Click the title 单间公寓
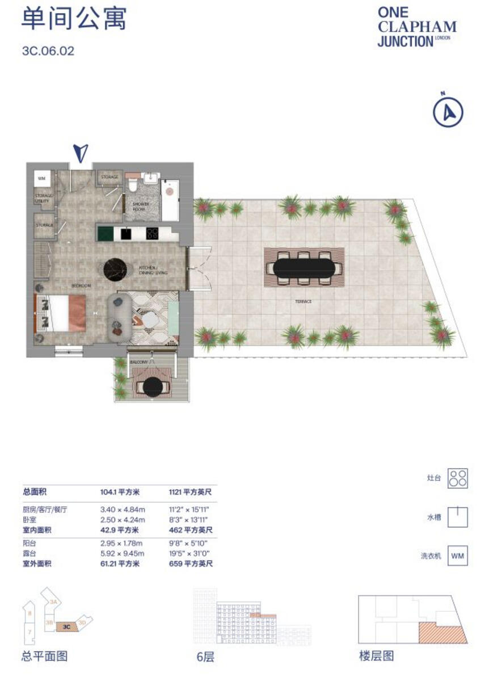coord(74,18)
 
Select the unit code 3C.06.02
coord(48,51)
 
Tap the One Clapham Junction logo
coord(417,27)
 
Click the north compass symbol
coord(448,112)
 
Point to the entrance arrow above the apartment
coord(82,152)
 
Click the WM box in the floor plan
coord(41,178)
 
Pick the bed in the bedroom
coord(61,313)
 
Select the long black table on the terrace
coord(304,267)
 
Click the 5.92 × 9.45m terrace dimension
coord(123,553)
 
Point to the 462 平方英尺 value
coord(191,530)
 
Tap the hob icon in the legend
coord(458,478)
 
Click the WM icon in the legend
coord(458,556)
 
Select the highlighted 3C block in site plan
coord(66,627)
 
